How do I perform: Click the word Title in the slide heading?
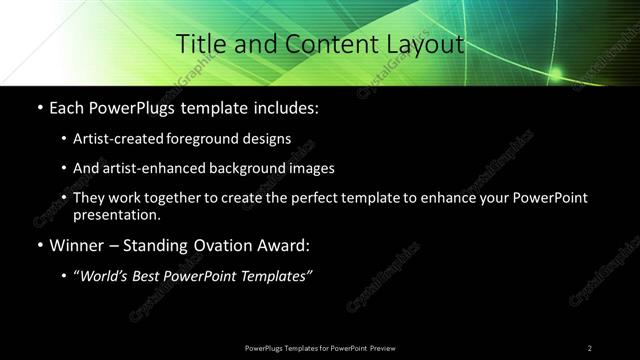(x=200, y=44)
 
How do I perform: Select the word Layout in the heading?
(x=423, y=44)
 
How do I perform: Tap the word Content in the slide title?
(x=321, y=44)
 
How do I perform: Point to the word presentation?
(x=116, y=214)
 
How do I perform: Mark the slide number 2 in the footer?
(x=590, y=347)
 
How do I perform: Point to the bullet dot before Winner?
(x=39, y=244)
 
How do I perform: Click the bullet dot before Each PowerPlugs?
(x=39, y=107)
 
